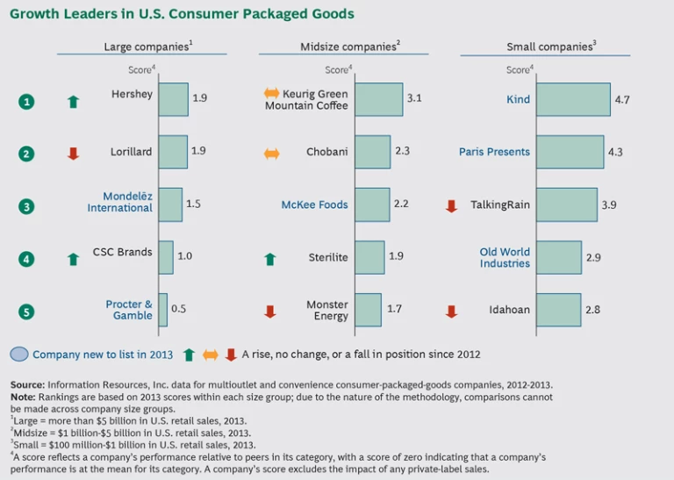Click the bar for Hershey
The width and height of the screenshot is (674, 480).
tap(173, 99)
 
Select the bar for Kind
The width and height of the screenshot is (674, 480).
tap(573, 99)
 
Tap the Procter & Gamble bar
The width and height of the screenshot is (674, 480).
tap(162, 310)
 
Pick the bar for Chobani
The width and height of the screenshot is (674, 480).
tap(372, 152)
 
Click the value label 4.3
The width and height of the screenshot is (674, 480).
tap(615, 152)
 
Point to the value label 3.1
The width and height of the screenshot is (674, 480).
tap(414, 98)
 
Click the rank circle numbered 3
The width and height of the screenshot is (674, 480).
tap(27, 206)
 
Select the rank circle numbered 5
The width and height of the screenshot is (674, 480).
tap(27, 311)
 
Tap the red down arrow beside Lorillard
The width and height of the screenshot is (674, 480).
tap(73, 154)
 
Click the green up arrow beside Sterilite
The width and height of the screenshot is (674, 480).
tap(270, 259)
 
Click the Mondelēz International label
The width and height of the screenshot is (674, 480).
tap(119, 202)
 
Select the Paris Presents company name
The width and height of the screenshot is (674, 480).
tap(494, 152)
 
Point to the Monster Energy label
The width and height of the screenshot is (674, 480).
tap(326, 310)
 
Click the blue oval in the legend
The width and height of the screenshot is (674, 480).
tap(19, 355)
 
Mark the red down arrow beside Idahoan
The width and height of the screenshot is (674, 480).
tap(451, 312)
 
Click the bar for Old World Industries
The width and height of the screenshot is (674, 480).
tap(559, 257)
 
